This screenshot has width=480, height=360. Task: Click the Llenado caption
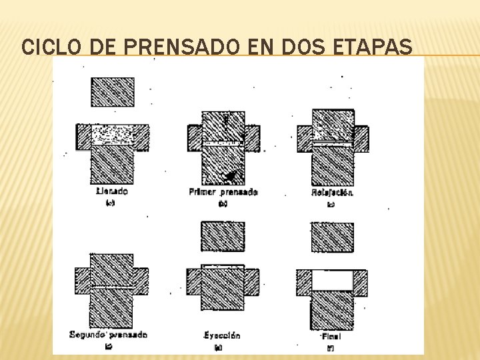[x=111, y=191]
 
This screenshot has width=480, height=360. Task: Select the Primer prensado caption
[x=223, y=192]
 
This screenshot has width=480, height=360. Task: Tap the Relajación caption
[x=332, y=193]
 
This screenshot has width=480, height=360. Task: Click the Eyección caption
[x=223, y=335]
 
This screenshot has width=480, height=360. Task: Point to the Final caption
[x=330, y=336]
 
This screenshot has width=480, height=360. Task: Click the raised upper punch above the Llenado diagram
[x=112, y=92]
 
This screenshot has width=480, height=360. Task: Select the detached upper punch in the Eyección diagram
[x=223, y=236]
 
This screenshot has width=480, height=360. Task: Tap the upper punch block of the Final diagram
[x=332, y=237]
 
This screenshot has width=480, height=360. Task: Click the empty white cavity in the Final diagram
[x=332, y=280]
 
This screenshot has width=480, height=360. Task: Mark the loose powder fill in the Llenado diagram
[x=112, y=136]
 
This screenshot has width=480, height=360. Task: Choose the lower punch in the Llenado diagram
[x=112, y=165]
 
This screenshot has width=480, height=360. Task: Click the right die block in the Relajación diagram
[x=361, y=139]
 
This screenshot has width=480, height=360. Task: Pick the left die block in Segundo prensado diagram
[x=82, y=281]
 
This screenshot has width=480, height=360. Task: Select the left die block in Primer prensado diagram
[x=194, y=138]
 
